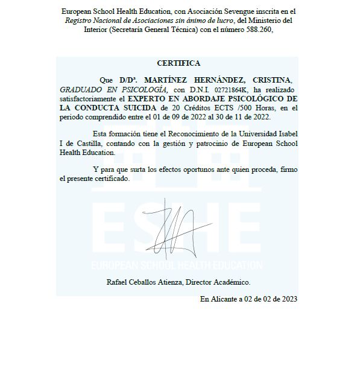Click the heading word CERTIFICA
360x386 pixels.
178,63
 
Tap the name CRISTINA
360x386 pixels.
272,80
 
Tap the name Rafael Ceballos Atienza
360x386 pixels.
144,282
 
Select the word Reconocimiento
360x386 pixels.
194,133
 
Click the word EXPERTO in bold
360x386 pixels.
150,98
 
